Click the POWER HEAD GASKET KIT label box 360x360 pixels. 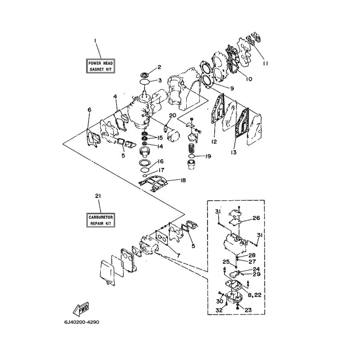[100, 66]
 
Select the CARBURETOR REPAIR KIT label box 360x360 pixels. [100, 220]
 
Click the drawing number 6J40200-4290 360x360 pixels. [82, 322]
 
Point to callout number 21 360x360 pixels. [98, 196]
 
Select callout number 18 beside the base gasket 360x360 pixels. [183, 180]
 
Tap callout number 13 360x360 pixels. [234, 152]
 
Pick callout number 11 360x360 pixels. [265, 63]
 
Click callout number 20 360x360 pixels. [173, 115]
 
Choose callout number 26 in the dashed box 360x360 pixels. [256, 218]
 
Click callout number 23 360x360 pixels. [248, 310]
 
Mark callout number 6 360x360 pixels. [89, 110]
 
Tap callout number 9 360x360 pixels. [232, 88]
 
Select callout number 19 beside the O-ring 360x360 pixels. [208, 156]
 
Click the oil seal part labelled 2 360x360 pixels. [144, 75]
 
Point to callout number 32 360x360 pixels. [219, 310]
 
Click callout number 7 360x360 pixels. [178, 255]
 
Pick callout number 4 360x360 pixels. [115, 97]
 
